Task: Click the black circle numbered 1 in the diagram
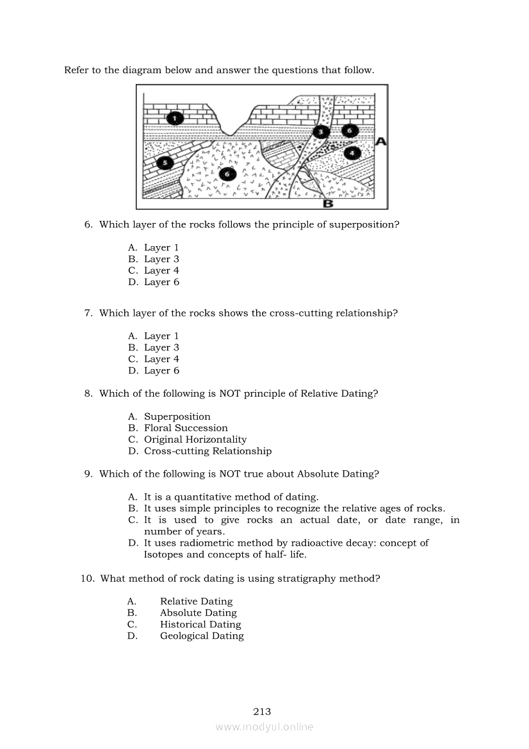pyautogui.click(x=175, y=117)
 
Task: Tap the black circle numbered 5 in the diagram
pyautogui.click(x=165, y=163)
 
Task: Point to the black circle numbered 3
pyautogui.click(x=321, y=132)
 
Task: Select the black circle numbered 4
pyautogui.click(x=352, y=152)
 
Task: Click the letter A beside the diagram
pyautogui.click(x=380, y=142)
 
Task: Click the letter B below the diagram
pyautogui.click(x=328, y=204)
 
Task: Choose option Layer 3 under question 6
pyautogui.click(x=161, y=259)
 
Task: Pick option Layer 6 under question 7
pyautogui.click(x=161, y=371)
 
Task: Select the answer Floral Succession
pyautogui.click(x=186, y=428)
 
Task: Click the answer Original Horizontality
pyautogui.click(x=195, y=440)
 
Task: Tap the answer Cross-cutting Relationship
pyautogui.click(x=208, y=451)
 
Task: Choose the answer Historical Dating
pyautogui.click(x=200, y=625)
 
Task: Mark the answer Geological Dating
pyautogui.click(x=202, y=636)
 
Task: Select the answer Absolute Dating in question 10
pyautogui.click(x=199, y=613)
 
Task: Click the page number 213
pyautogui.click(x=263, y=711)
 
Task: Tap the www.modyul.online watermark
pyautogui.click(x=264, y=727)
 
